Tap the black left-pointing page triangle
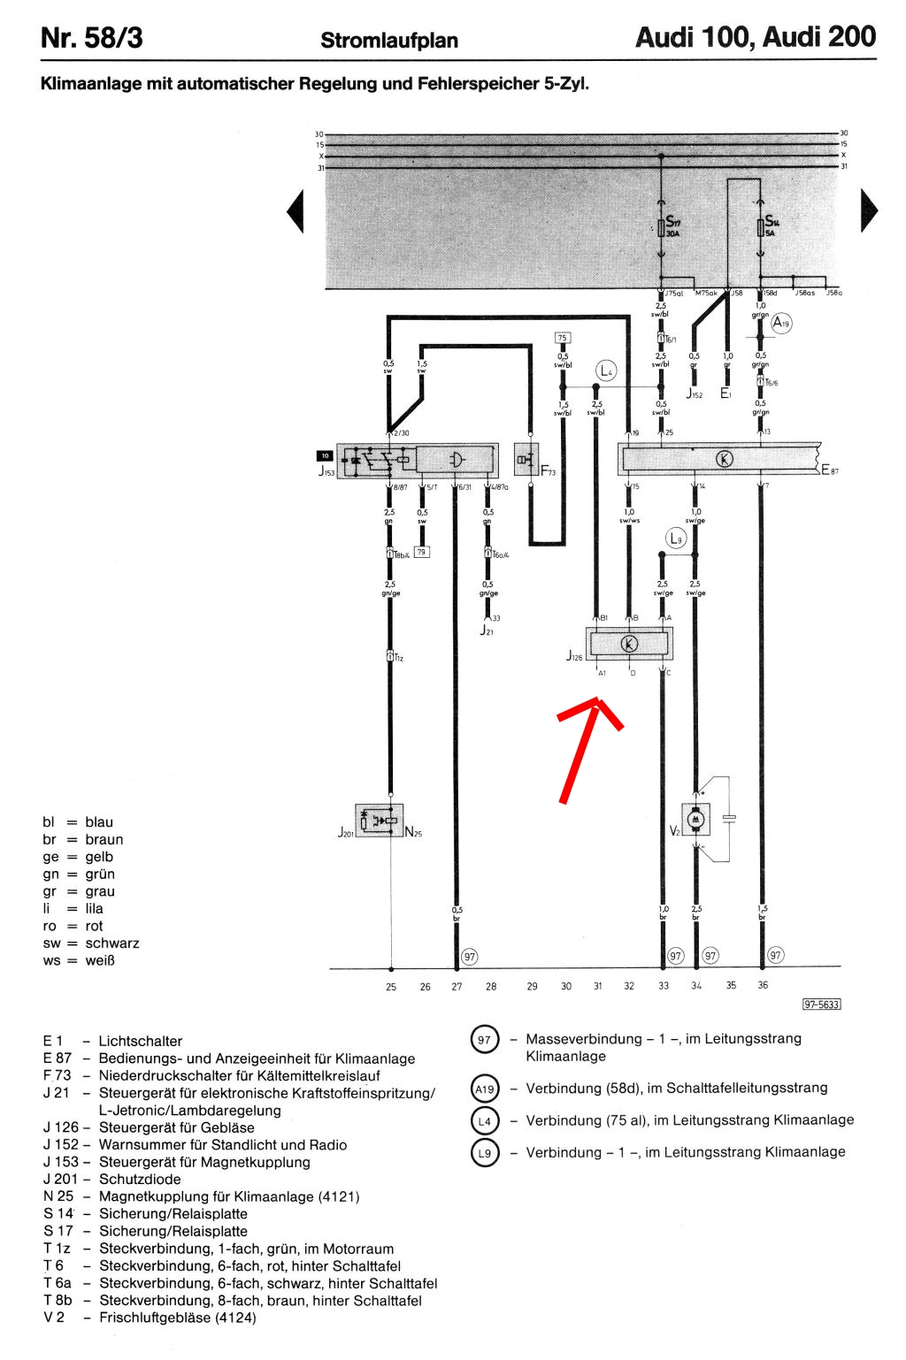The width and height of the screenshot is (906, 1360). click(296, 211)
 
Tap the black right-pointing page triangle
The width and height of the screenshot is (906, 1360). click(869, 211)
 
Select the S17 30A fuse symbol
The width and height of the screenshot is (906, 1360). click(662, 228)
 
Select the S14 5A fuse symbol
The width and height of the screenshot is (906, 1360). click(760, 228)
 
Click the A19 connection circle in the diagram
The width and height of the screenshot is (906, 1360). click(780, 324)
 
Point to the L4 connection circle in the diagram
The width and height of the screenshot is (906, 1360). click(606, 371)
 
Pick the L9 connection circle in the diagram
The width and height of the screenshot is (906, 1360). click(676, 538)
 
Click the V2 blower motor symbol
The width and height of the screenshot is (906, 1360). click(695, 821)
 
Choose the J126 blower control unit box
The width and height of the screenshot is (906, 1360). click(629, 644)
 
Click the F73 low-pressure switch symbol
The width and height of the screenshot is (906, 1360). click(526, 459)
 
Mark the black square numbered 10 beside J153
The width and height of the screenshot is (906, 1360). click(326, 456)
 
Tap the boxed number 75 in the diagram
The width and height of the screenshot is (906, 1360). click(563, 338)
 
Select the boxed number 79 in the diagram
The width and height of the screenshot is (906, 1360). click(422, 552)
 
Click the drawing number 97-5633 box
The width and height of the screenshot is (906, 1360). click(821, 1004)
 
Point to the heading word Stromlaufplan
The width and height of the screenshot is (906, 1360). click(389, 41)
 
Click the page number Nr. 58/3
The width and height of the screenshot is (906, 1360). click(92, 38)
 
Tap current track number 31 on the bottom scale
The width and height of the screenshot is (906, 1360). click(598, 986)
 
